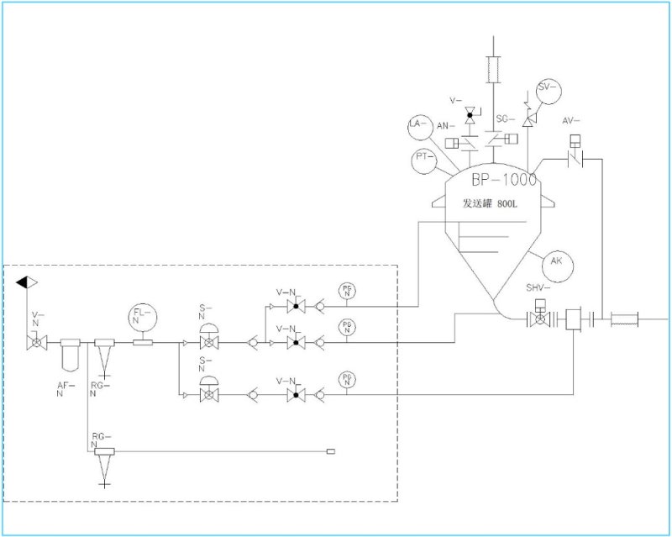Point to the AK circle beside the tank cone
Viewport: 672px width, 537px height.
pyautogui.click(x=556, y=262)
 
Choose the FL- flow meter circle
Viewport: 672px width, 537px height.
pyautogui.click(x=142, y=317)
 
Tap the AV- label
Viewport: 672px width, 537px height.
pyautogui.click(x=573, y=121)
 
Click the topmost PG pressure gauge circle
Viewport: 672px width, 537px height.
pyautogui.click(x=347, y=291)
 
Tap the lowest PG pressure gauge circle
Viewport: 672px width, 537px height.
pyautogui.click(x=347, y=379)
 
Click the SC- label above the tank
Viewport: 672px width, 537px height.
pyautogui.click(x=503, y=119)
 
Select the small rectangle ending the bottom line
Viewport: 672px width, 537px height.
pyautogui.click(x=331, y=453)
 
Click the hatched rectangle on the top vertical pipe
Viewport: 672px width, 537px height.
pyautogui.click(x=493, y=69)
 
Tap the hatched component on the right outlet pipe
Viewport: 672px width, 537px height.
pyautogui.click(x=625, y=319)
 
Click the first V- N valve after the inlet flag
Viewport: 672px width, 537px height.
pyautogui.click(x=35, y=344)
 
